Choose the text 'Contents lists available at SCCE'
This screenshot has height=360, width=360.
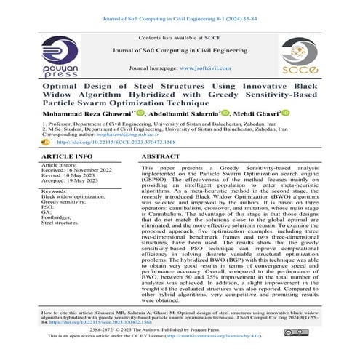pos(180,36)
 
